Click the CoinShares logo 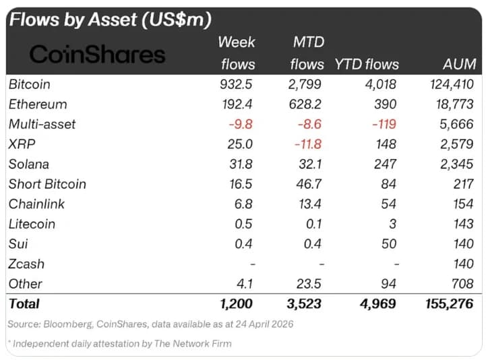tap(98, 54)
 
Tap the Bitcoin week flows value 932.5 tap(238, 85)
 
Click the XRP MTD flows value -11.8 tap(307, 144)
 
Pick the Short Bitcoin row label tap(47, 184)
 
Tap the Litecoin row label tap(32, 224)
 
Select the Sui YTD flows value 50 tap(388, 243)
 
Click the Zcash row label tap(27, 264)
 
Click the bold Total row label tap(24, 304)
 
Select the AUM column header tap(460, 65)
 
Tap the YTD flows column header tap(367, 65)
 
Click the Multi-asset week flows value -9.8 tap(241, 125)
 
